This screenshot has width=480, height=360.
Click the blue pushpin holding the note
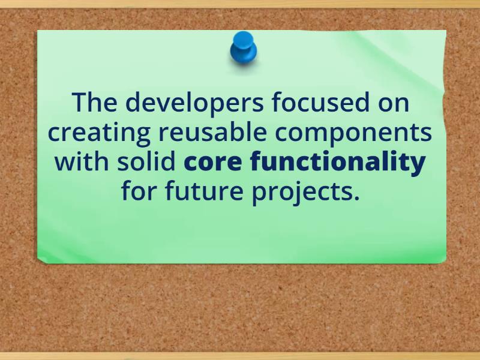click(x=243, y=48)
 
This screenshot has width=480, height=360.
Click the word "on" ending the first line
click(x=392, y=103)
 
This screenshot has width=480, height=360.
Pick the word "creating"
click(x=94, y=133)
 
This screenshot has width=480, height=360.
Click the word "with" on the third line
click(x=76, y=163)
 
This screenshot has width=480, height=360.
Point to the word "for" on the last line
click(x=139, y=193)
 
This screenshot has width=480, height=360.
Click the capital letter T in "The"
click(x=80, y=103)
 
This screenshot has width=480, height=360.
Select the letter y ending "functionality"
click(x=419, y=165)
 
